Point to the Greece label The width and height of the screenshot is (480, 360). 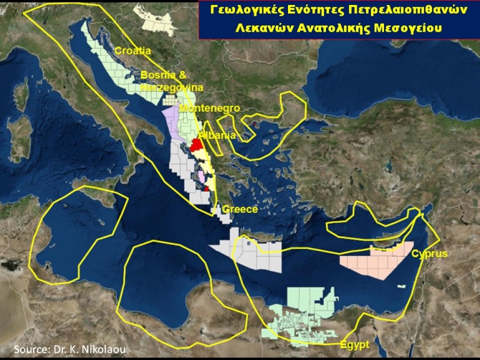click(240, 209)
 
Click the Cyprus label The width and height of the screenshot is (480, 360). click(429, 254)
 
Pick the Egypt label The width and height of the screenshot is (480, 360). click(355, 344)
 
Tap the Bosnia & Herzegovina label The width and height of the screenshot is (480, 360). click(164, 82)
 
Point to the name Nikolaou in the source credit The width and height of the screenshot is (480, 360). click(101, 349)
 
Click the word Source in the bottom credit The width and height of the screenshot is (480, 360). click(31, 349)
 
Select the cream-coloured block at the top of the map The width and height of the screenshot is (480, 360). click(160, 20)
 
